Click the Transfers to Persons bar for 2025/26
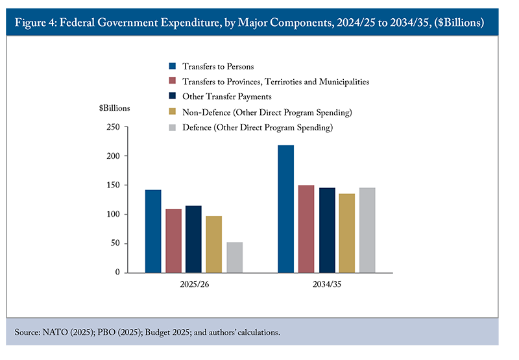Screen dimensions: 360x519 pos(153,231)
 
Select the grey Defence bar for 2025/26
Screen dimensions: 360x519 pos(234,257)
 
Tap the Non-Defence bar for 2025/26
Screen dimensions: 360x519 pos(214,244)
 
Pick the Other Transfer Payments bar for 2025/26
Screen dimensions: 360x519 pos(193,239)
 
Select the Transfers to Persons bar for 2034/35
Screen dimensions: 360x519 pos(285,209)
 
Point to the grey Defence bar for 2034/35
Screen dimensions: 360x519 pos(367,230)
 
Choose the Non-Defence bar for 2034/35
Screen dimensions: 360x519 pos(346,233)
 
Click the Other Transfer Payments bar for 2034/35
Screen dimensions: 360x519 pos(326,230)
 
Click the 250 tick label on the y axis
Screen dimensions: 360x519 pos(114,127)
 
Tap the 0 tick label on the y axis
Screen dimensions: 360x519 pos(117,273)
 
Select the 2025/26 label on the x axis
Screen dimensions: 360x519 pos(193,285)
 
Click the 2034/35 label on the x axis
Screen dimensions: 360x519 pos(326,285)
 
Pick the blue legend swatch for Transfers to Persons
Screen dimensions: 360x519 pos(173,66)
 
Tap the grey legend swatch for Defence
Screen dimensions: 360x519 pos(173,128)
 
